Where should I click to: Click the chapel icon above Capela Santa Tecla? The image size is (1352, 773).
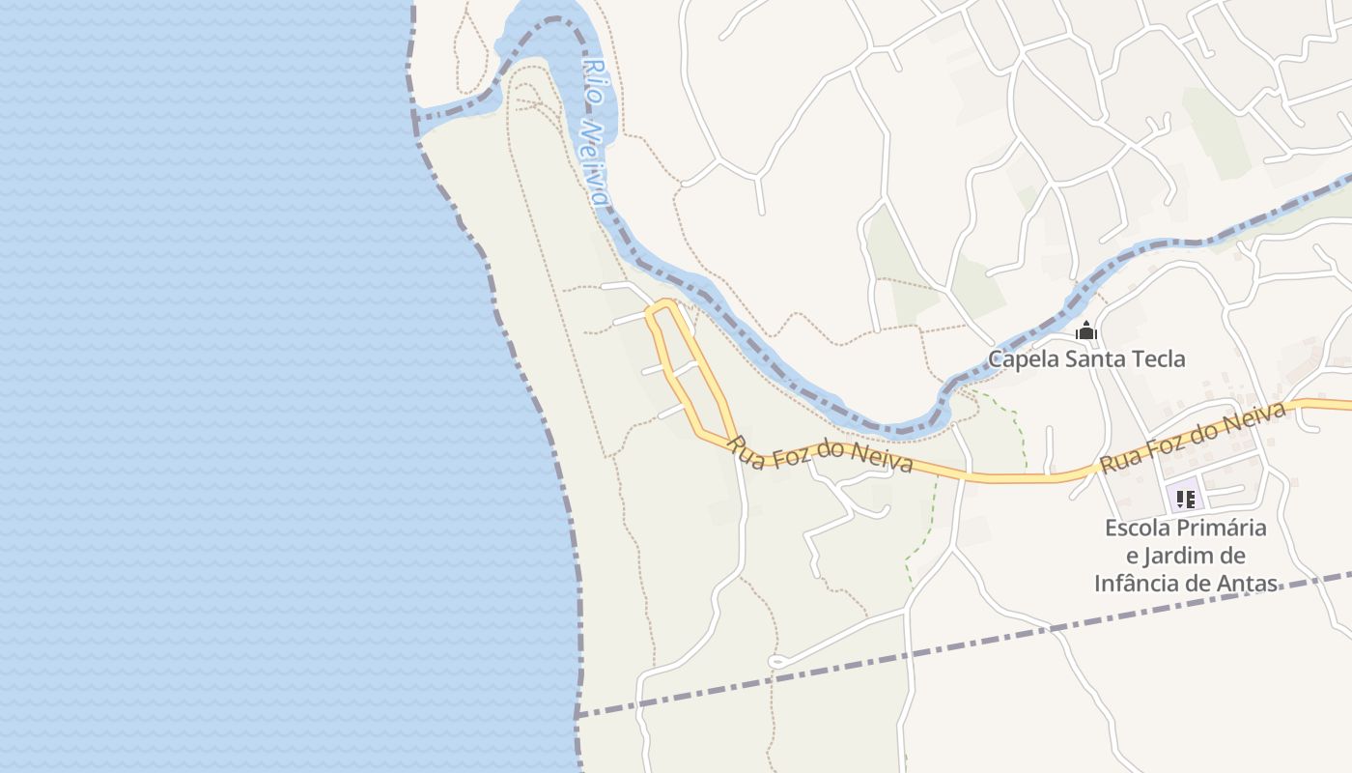[x=1086, y=331]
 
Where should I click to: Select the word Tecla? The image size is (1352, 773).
[x=1157, y=359]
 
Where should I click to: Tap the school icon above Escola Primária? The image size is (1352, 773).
[x=1185, y=499]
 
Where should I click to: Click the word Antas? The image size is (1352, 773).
[x=1250, y=584]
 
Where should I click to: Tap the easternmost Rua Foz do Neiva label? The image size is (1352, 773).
[x=1194, y=438]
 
